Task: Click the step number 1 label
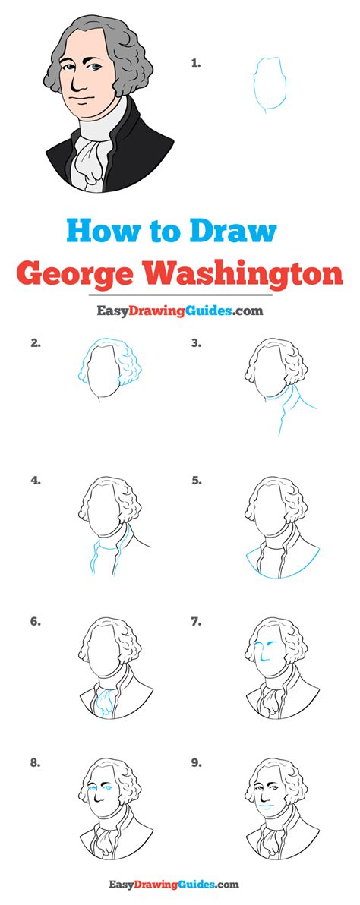(x=196, y=64)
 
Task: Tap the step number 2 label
(x=36, y=343)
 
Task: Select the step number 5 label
(x=197, y=481)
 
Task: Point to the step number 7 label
(x=197, y=622)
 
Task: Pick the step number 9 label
(x=197, y=763)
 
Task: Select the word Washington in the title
(x=245, y=275)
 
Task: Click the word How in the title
(x=102, y=232)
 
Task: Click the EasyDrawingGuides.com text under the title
(x=179, y=311)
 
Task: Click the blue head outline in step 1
(x=254, y=84)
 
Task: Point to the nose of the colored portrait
(x=76, y=86)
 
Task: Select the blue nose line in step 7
(x=262, y=654)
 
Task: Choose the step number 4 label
(x=36, y=481)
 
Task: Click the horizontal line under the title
(x=179, y=295)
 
